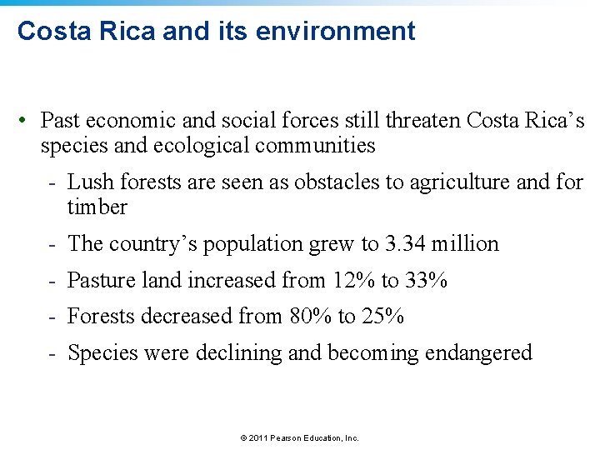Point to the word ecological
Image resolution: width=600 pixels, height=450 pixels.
[205, 146]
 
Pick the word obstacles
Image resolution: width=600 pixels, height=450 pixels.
[334, 182]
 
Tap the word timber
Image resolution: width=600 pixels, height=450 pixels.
[97, 207]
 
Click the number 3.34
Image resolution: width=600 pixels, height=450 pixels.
[405, 244]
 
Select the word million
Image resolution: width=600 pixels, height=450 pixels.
[465, 244]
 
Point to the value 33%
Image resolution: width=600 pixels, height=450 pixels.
[427, 281]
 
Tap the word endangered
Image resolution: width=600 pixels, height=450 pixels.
[478, 353]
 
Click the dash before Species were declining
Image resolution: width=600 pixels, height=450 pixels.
[52, 353]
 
